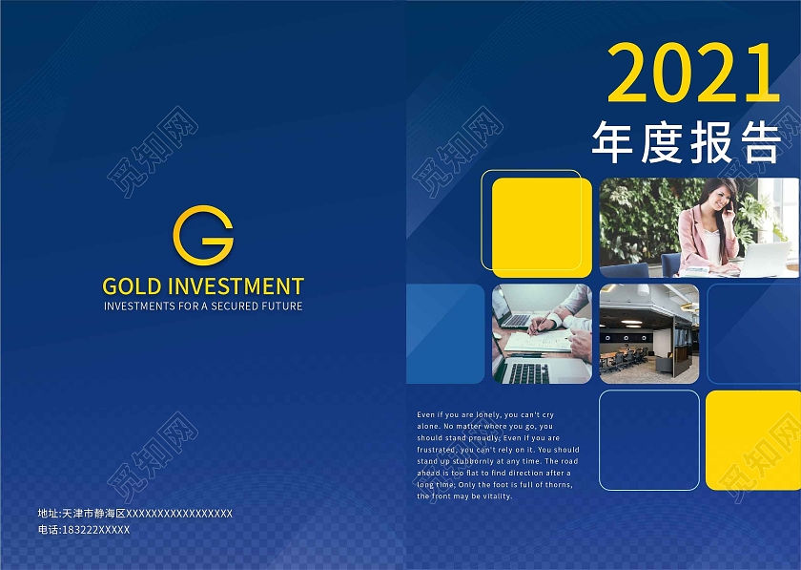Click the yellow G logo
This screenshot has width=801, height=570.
click(x=203, y=234)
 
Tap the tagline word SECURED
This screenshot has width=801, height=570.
click(x=236, y=306)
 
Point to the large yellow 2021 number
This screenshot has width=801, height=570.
click(x=693, y=74)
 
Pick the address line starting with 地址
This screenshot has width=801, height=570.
click(x=135, y=514)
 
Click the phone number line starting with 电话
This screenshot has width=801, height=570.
click(x=84, y=530)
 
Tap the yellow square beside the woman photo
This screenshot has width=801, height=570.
click(x=542, y=227)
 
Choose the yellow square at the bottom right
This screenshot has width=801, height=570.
click(x=753, y=439)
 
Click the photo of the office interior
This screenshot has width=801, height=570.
click(x=648, y=333)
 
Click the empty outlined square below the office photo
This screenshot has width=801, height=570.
click(x=648, y=439)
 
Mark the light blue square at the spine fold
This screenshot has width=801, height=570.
click(x=445, y=333)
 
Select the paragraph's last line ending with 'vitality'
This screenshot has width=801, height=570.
click(x=464, y=496)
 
